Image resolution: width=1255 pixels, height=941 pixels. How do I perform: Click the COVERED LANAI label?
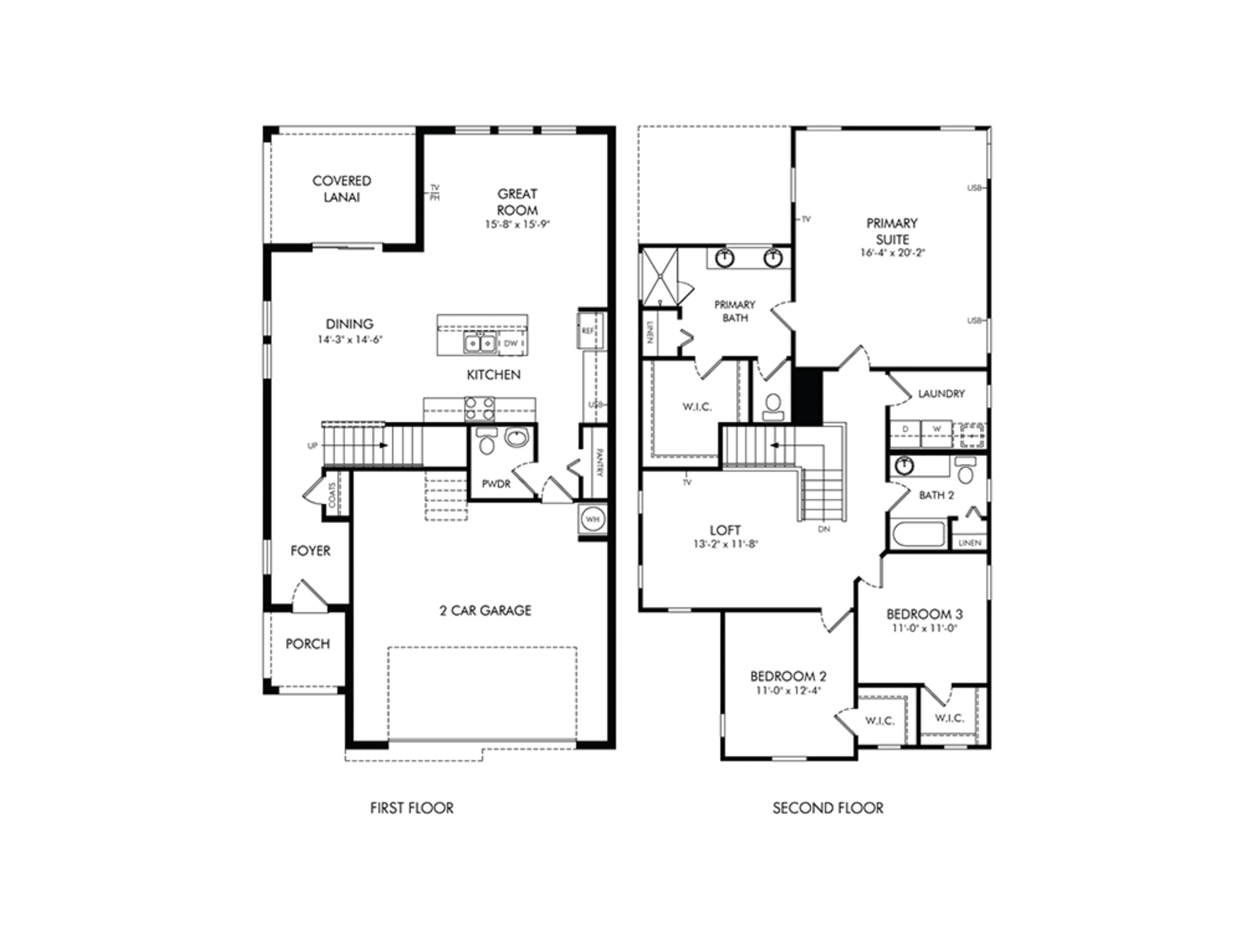coord(341,189)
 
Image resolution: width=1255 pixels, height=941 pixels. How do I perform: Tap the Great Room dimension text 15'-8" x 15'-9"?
coord(517,224)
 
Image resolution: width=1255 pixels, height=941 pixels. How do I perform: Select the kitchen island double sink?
coord(479,343)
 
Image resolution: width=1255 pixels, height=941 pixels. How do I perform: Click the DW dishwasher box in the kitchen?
coord(511,343)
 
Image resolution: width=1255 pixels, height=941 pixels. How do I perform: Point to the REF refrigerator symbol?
coord(588,331)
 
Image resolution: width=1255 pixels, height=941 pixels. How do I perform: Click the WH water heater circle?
coord(592,519)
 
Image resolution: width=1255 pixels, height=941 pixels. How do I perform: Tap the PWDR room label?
coord(496,484)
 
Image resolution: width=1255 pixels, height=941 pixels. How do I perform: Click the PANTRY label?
coord(598,463)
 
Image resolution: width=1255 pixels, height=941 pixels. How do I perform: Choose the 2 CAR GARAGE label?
coord(485,610)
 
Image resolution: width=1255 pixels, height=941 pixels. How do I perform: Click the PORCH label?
coord(307,644)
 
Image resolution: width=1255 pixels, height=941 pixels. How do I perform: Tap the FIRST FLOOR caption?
coord(412,808)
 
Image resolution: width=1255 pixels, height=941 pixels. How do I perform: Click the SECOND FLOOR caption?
coord(828,808)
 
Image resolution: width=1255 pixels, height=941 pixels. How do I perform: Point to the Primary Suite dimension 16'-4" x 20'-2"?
coord(892,253)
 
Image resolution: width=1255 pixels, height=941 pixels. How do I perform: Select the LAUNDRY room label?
coord(941,394)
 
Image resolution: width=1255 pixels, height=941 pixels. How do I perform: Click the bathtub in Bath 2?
coord(919,534)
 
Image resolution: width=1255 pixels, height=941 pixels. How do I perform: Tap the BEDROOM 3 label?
coord(924,614)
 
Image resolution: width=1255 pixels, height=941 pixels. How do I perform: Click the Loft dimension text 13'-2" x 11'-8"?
coord(725,543)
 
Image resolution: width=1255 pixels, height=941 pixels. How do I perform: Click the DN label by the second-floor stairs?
coord(824,529)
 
